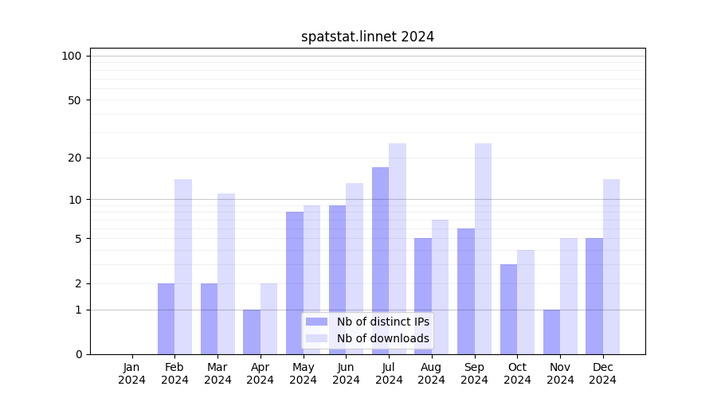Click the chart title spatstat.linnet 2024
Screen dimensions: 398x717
[367, 37]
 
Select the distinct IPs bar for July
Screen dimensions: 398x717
[380, 260]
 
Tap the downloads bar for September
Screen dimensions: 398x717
[483, 248]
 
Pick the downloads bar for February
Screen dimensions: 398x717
[183, 267]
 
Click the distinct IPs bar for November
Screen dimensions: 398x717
[551, 332]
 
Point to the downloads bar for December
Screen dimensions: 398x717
[611, 267]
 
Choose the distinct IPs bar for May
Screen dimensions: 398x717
[295, 283]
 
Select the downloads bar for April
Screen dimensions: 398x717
[268, 318]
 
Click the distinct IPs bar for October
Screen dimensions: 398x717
[508, 309]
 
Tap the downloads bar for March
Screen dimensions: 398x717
[226, 274]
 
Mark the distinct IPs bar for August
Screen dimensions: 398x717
[423, 296]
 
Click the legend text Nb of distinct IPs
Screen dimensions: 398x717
[382, 322]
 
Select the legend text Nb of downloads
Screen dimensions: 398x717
[382, 338]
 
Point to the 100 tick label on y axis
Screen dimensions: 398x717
[72, 56]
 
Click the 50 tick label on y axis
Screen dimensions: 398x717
[74, 100]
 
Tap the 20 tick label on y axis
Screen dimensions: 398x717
[74, 158]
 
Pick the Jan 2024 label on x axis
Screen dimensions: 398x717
[132, 373]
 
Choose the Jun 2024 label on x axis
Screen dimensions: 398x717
[346, 373]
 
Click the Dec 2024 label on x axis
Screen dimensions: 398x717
[603, 373]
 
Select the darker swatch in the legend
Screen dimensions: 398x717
[316, 322]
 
